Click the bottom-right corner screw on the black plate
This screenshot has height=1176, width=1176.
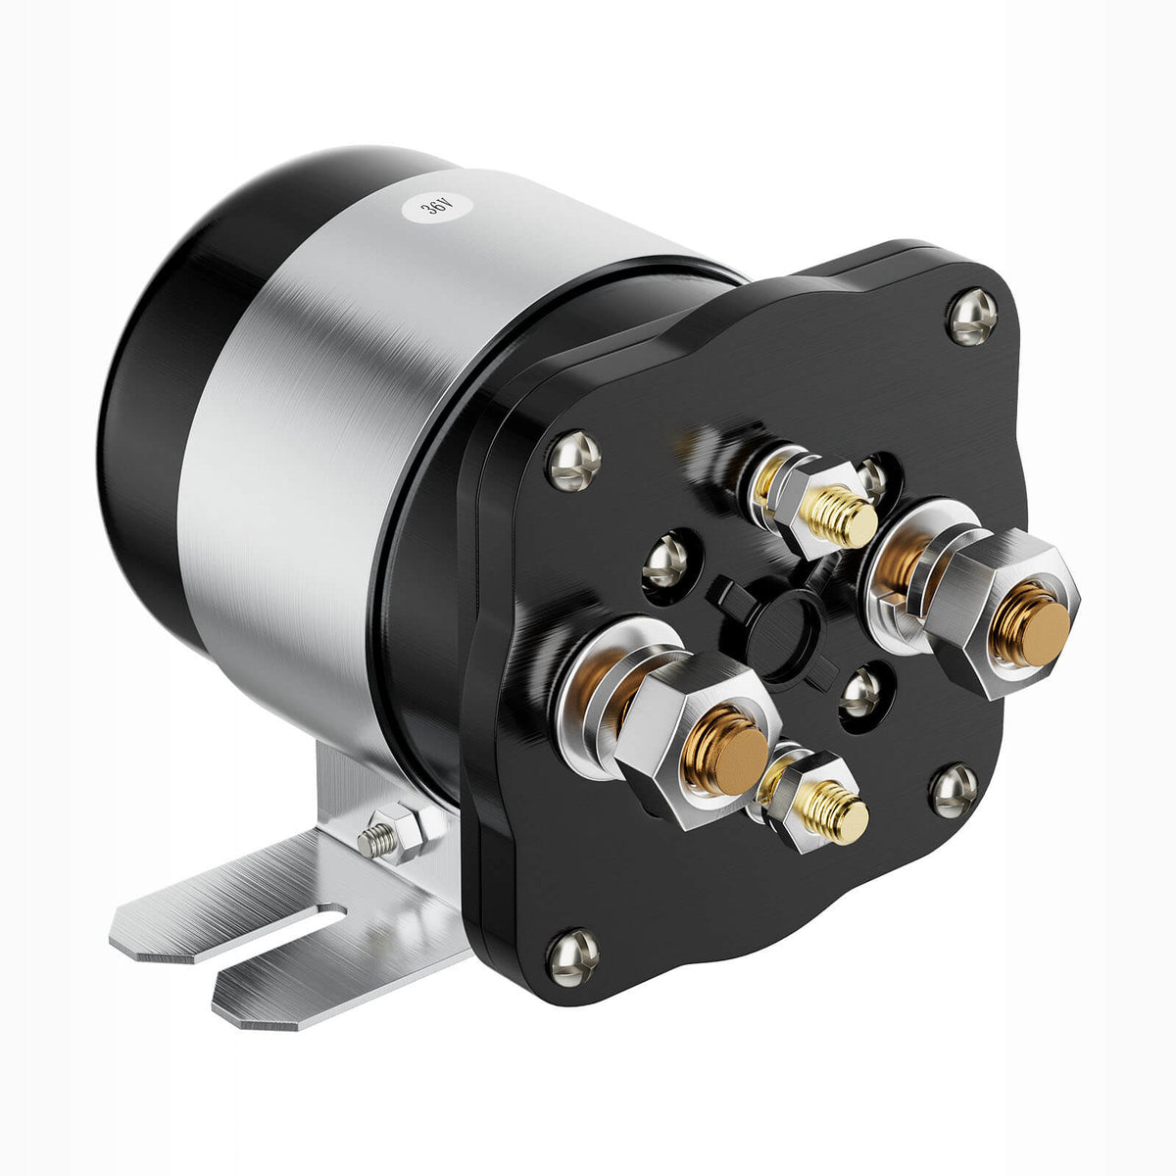tap(953, 790)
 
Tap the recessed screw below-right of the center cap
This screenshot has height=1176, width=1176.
tap(861, 692)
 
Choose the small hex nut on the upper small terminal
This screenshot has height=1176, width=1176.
tap(804, 500)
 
